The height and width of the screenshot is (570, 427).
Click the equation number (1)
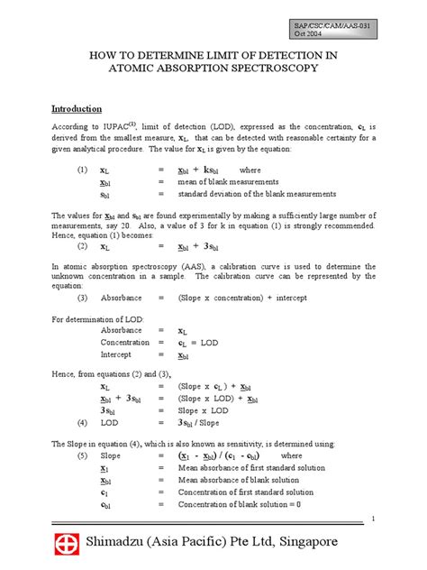pyautogui.click(x=82, y=170)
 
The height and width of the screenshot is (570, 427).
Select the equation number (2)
pyautogui.click(x=82, y=245)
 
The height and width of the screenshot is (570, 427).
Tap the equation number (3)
pyautogui.click(x=82, y=298)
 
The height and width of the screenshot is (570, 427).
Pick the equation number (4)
pyautogui.click(x=82, y=422)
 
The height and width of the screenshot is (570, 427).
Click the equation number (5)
pyautogui.click(x=82, y=456)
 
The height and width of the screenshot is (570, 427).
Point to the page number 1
pyautogui.click(x=373, y=519)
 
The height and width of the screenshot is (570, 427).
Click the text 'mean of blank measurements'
pyautogui.click(x=228, y=181)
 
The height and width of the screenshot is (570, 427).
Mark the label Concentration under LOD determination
pyautogui.click(x=125, y=344)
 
